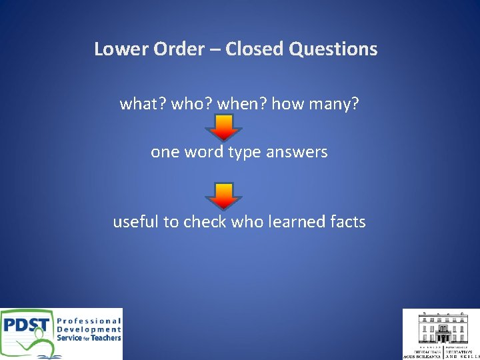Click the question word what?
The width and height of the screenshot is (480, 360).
click(143, 104)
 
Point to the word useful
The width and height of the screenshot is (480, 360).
click(136, 221)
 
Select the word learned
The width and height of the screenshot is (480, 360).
click(295, 221)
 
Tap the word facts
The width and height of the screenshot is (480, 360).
click(347, 221)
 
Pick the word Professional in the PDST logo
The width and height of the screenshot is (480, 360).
click(89, 321)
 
